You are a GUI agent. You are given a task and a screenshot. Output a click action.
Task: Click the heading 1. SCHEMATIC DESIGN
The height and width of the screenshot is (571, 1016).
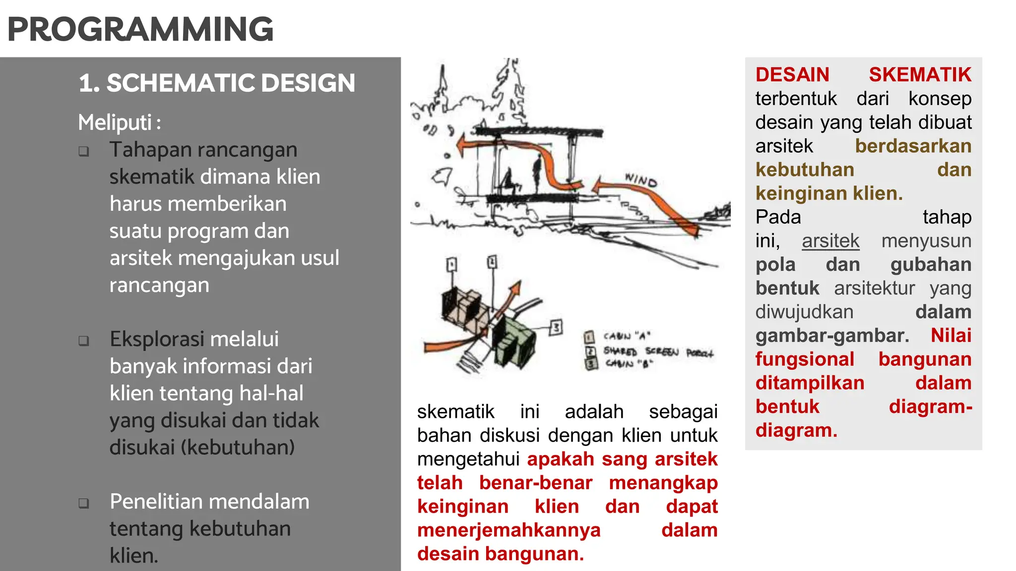tap(217, 83)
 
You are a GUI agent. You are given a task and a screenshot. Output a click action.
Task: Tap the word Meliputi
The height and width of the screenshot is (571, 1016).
tap(115, 122)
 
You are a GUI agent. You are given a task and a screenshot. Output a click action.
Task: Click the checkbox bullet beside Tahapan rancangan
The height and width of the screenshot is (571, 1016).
tap(84, 151)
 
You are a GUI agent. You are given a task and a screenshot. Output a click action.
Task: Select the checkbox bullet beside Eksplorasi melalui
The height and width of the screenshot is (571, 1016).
tap(84, 341)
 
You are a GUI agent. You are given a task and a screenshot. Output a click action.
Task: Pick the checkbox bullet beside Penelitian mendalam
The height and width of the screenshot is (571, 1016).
tap(84, 503)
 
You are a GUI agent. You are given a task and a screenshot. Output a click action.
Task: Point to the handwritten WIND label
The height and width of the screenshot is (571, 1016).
tap(640, 180)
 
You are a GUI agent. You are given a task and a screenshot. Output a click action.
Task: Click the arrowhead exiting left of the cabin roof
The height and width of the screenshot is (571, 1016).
tap(462, 145)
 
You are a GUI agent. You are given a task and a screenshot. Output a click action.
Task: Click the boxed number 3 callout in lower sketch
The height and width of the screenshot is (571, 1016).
tap(556, 327)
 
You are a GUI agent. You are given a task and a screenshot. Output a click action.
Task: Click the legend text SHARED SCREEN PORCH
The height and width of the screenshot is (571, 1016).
tap(657, 352)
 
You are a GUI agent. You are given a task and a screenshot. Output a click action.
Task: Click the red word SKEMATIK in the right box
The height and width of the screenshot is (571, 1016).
tap(919, 75)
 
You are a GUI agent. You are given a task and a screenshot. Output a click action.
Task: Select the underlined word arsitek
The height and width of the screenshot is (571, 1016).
tap(830, 241)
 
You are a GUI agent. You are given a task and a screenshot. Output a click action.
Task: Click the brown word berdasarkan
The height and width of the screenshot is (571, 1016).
tap(913, 146)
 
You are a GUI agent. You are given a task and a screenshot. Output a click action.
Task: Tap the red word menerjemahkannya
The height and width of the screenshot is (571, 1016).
tap(508, 530)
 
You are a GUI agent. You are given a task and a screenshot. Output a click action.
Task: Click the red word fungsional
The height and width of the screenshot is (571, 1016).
tap(804, 359)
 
